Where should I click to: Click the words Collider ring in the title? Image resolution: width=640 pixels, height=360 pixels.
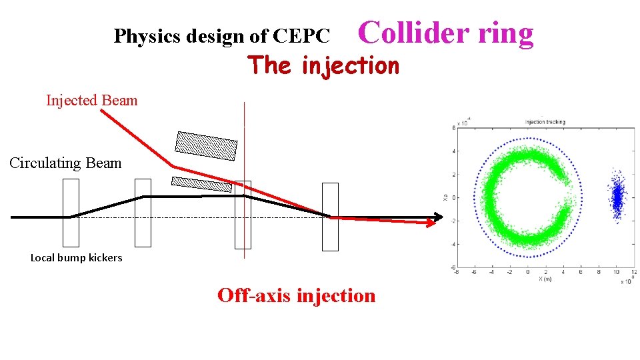pos(446,33)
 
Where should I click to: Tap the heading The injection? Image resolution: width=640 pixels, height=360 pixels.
pos(323,65)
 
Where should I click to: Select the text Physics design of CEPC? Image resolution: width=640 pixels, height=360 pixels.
pos(221,36)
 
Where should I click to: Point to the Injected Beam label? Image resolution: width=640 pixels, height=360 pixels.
pos(91,101)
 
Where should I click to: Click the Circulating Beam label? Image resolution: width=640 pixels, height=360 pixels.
pos(65,163)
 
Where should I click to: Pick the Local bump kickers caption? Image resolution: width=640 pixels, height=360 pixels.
pos(77,258)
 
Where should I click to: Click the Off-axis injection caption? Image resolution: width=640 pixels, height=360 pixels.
pos(296,295)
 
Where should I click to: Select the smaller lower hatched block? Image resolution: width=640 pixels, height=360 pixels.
pos(201,185)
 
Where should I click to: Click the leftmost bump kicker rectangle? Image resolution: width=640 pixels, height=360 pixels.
pos(71,213)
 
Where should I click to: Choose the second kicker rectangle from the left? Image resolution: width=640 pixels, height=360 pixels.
pos(143,213)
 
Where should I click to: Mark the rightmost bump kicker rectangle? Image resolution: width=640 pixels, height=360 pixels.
pos(330,217)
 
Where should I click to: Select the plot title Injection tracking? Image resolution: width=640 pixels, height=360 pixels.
pos(545,122)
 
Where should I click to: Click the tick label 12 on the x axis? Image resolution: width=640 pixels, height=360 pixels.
pos(634,272)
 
